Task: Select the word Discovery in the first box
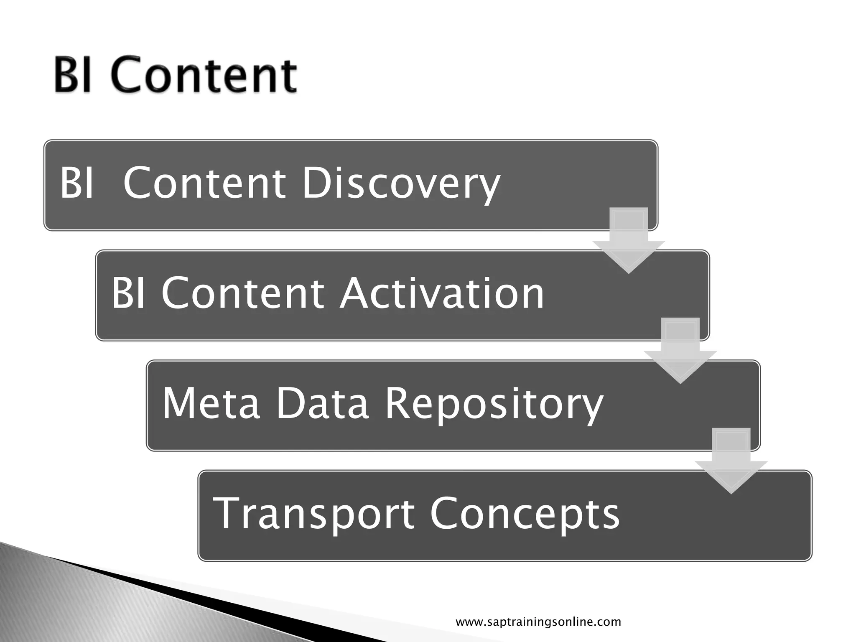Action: (x=400, y=184)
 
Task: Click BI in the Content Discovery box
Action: (x=76, y=183)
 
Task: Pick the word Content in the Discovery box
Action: (x=205, y=183)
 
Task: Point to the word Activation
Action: (x=442, y=293)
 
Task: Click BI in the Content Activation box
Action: (x=128, y=293)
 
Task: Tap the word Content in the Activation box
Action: (x=242, y=293)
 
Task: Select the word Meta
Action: (x=211, y=403)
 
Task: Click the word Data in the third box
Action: (x=322, y=403)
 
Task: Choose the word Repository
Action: (x=494, y=404)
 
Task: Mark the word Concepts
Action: (x=525, y=514)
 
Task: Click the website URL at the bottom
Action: (x=538, y=622)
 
